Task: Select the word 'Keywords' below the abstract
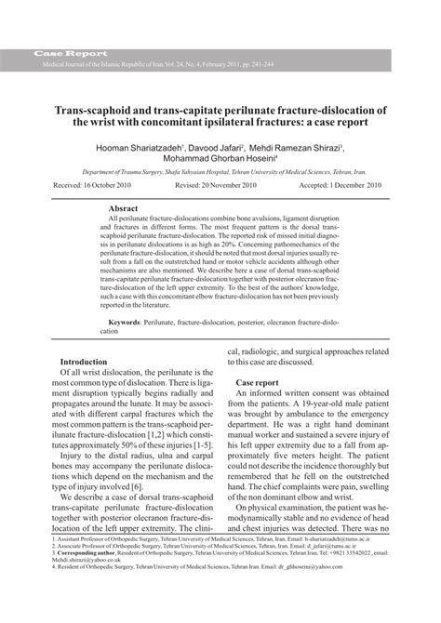tap(122, 322)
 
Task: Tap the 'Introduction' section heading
tap(89, 362)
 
